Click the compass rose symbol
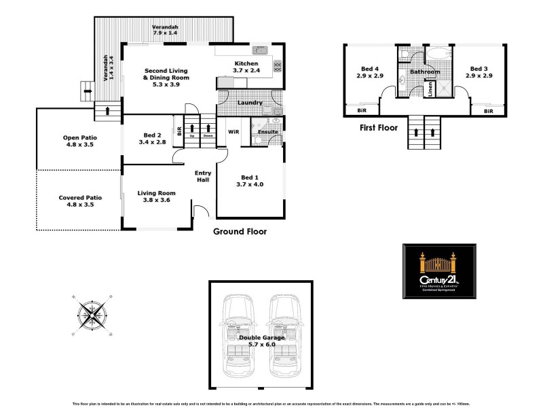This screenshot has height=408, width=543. click(x=92, y=313)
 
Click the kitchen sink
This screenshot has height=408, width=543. click(x=259, y=50)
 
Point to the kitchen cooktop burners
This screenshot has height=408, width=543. click(x=277, y=66)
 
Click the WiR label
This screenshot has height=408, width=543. click(x=233, y=131)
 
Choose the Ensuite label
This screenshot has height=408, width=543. click(x=267, y=131)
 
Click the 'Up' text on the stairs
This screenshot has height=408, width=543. click(x=192, y=135)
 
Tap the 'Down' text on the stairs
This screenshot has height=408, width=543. click(x=208, y=135)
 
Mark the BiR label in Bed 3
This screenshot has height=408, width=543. click(x=488, y=110)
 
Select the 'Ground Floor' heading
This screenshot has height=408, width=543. click(x=240, y=231)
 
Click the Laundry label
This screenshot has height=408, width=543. click(x=250, y=103)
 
